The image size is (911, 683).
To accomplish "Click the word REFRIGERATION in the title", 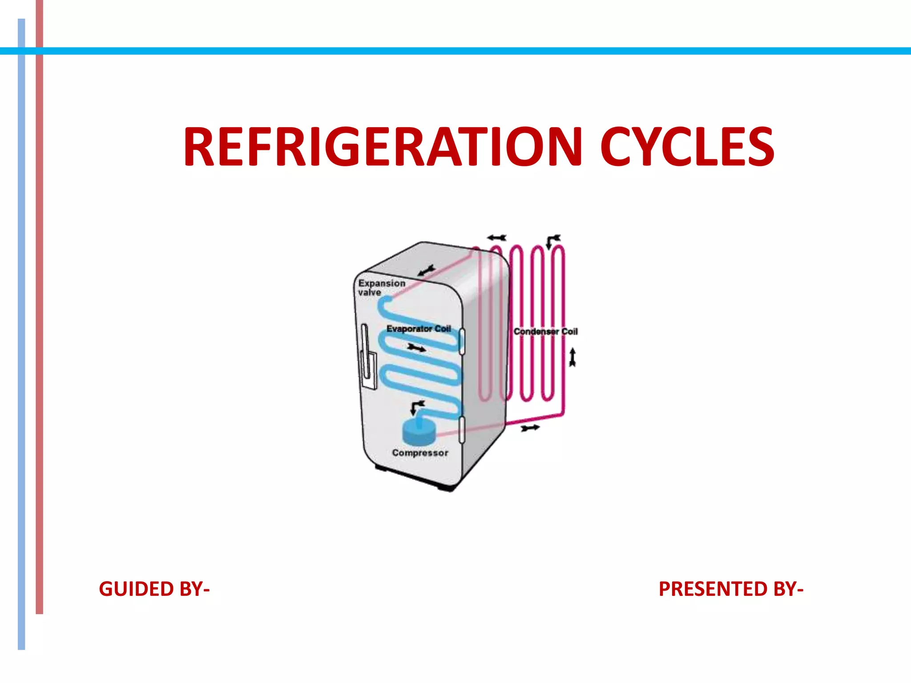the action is tap(383, 147).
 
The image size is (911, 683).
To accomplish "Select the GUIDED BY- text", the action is tap(154, 589).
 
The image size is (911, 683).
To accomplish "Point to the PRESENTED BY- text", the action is tap(731, 589).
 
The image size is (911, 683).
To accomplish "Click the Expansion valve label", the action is tap(381, 287).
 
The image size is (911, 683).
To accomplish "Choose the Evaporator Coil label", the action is tap(418, 329).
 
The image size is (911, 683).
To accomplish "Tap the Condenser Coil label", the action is tap(545, 331).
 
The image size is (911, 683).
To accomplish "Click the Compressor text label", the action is tap(420, 453).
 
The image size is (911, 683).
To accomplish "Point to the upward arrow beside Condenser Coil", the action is tap(572, 358).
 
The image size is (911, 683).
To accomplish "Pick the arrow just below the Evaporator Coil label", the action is tap(416, 348).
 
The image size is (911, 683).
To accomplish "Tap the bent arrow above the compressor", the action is tap(417, 406).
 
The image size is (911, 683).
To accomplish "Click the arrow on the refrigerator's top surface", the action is tap(427, 270).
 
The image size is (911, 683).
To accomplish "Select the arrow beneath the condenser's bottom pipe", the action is tap(530, 428).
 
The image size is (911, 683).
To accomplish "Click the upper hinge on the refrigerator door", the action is tap(462, 341).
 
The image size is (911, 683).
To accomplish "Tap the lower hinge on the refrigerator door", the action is tap(462, 429).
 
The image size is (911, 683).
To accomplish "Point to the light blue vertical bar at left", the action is tap(21, 333).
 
